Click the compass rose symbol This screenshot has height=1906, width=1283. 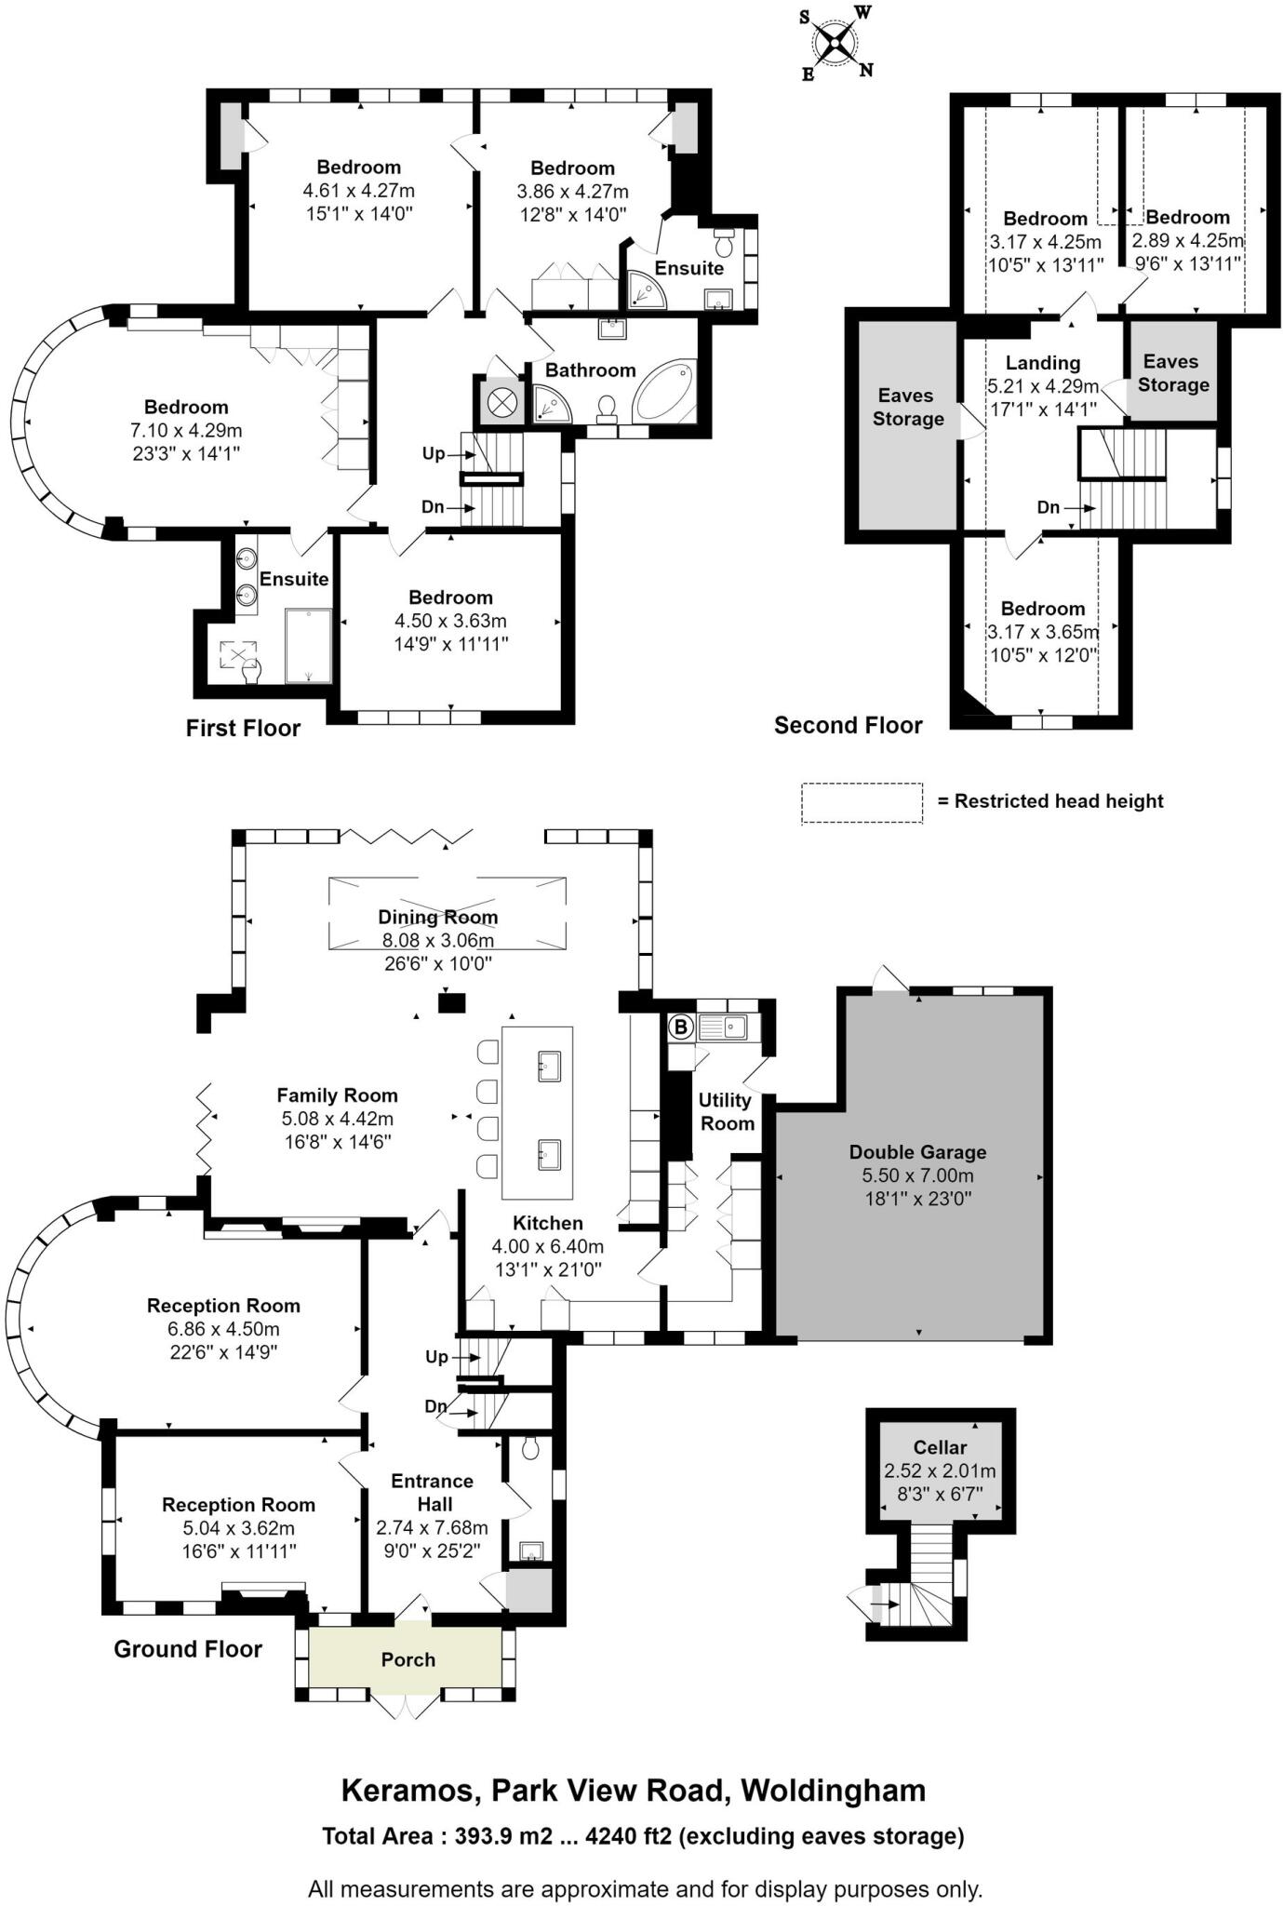point(836,43)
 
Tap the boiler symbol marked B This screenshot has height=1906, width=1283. point(681,1027)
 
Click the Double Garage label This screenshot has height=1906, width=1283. point(917,1152)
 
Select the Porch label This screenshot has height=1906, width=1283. point(408,1659)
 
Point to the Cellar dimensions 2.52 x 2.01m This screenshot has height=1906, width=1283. point(940,1471)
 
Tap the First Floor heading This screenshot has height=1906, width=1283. point(243,729)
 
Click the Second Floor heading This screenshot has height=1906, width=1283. point(848,726)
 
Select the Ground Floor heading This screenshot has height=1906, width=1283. point(188,1649)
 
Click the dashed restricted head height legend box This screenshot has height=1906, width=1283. point(862,802)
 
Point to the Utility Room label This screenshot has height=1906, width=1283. point(726,1111)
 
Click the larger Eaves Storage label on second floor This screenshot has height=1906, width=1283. point(907,407)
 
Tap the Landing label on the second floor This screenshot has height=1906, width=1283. point(1043,363)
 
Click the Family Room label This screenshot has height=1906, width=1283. point(337,1095)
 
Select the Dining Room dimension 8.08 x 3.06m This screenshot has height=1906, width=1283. point(437,941)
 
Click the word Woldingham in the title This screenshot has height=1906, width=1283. point(833,1792)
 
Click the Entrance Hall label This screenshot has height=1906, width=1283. point(433,1492)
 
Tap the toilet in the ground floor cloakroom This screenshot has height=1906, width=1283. point(530,1447)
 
